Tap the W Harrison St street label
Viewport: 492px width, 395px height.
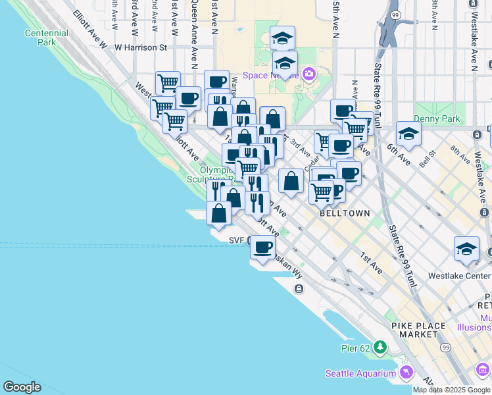(141, 47)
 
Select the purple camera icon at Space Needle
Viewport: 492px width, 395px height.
(307, 74)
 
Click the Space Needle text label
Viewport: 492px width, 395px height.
(270, 75)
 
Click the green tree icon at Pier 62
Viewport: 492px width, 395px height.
(380, 346)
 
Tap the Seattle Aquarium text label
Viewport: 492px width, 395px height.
(360, 373)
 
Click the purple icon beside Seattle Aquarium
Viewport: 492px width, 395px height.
(406, 373)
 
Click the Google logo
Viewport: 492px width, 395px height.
(22, 387)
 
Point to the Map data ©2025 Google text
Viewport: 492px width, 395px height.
(451, 390)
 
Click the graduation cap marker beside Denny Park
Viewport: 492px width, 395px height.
(408, 134)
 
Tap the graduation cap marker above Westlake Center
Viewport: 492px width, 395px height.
(466, 248)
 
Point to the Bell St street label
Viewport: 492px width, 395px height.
(428, 161)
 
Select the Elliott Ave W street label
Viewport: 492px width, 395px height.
(90, 28)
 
